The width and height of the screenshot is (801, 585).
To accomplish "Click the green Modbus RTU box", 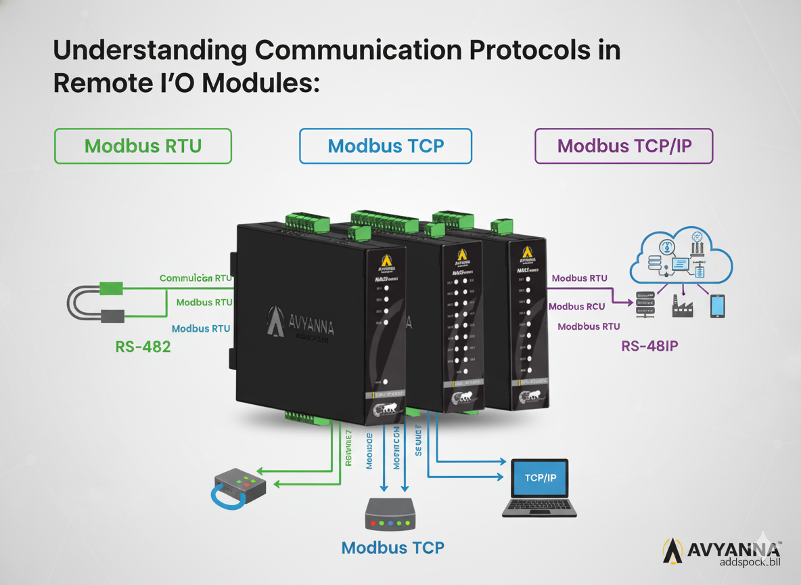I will (143, 146).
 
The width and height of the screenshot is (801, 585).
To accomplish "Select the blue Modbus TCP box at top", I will (386, 146).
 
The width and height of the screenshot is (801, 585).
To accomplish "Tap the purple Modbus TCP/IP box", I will (624, 146).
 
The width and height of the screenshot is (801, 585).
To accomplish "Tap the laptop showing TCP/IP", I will (539, 487).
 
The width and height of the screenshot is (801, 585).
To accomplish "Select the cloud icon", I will (681, 256).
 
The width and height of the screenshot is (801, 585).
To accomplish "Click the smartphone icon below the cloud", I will (717, 305).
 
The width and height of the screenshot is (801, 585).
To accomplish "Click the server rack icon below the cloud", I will (646, 304).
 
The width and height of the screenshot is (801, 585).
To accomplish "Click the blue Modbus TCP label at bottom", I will (392, 547).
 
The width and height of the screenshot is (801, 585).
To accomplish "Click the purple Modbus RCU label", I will (576, 307).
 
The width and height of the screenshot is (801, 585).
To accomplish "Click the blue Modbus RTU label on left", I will (201, 328).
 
